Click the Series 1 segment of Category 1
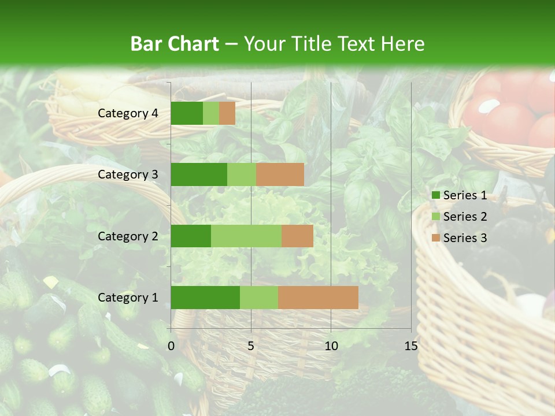[205, 297]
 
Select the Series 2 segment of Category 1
[259, 297]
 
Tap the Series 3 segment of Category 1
[318, 297]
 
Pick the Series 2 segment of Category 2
[246, 236]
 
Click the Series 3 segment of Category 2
[297, 236]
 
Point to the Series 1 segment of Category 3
[199, 174]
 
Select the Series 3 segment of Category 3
[280, 174]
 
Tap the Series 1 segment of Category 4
[187, 113]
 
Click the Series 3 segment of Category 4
[227, 113]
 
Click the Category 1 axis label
[128, 298]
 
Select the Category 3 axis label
[128, 174]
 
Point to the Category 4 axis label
[128, 113]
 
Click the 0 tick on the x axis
[171, 346]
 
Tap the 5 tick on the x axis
[251, 346]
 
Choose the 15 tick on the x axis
[411, 346]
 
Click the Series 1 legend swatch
[435, 195]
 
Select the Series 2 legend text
[465, 217]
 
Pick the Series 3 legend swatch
[435, 238]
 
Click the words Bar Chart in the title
[175, 44]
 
